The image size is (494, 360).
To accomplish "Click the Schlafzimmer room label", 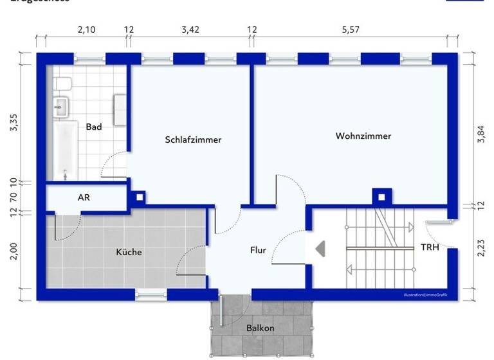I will (193, 139).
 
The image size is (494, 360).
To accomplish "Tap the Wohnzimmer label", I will (363, 136).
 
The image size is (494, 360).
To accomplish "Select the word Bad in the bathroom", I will (94, 127).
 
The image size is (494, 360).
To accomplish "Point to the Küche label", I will (129, 252).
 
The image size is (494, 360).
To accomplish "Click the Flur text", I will (258, 250).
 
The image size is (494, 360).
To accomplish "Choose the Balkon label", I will (260, 328).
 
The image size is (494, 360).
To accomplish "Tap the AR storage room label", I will (84, 197).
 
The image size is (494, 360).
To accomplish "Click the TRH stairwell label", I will (430, 247).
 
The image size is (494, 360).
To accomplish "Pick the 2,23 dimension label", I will (480, 248).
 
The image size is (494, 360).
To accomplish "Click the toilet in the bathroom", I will (62, 84).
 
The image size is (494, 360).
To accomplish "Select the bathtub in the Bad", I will (64, 151).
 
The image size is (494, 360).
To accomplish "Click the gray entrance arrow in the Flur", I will (320, 248).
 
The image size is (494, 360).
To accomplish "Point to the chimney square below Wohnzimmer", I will (381, 197).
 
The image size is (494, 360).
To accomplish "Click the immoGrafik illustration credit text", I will (425, 295).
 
